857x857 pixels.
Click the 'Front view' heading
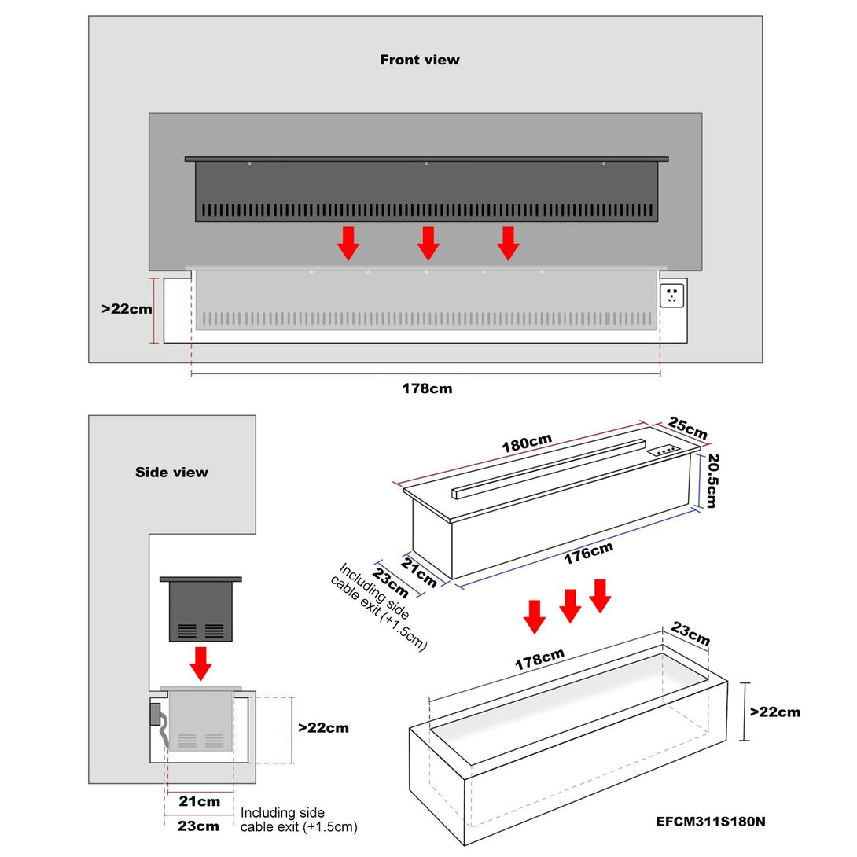tap(420, 60)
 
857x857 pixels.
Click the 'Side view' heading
tap(171, 472)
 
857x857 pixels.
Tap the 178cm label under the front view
tap(427, 388)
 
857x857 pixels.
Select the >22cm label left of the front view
tap(127, 309)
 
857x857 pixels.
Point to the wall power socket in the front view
tap(672, 296)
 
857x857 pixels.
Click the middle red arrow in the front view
tap(428, 243)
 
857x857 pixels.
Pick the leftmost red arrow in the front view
tap(348, 243)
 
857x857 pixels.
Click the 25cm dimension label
tap(688, 429)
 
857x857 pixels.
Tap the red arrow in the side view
tap(201, 663)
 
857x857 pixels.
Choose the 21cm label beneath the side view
tap(199, 802)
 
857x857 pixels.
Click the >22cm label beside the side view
tap(323, 728)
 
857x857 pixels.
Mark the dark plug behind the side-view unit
tap(155, 713)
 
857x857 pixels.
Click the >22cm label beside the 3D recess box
tap(774, 712)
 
